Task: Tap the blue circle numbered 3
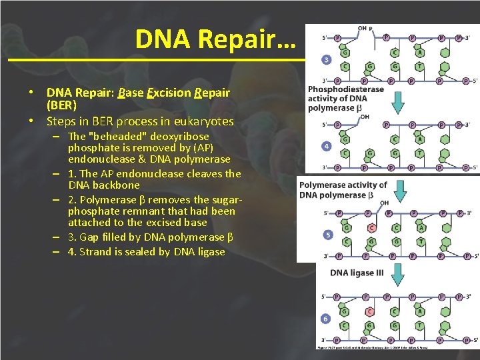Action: (x=326, y=59)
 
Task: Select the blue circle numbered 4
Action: (x=326, y=145)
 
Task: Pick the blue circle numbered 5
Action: (x=326, y=235)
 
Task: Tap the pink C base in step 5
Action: (x=372, y=228)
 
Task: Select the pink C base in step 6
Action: (x=369, y=311)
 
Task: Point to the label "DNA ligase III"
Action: (x=357, y=272)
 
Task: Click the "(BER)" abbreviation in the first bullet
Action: (x=61, y=106)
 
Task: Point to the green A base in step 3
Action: (x=419, y=52)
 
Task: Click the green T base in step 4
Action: (x=419, y=153)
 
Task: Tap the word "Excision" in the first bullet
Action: (x=167, y=93)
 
